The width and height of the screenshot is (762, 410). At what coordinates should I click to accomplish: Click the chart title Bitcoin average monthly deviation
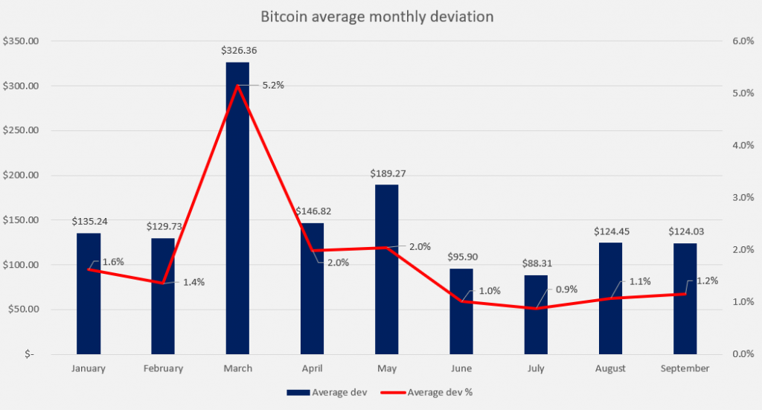tap(377, 16)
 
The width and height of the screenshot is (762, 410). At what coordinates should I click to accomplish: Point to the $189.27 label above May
tap(388, 173)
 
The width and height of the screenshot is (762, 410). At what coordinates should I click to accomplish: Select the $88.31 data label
tap(537, 263)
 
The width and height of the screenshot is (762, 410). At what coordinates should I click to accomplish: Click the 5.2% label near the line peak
tap(272, 86)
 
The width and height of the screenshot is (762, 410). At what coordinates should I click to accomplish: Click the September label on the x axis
tap(685, 368)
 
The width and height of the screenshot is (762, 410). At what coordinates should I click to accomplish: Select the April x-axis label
tap(313, 368)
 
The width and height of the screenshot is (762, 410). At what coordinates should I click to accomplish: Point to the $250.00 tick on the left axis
tap(21, 131)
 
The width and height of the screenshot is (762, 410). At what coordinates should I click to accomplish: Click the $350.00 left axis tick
tap(21, 42)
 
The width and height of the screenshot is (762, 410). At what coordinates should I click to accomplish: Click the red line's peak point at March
tap(237, 86)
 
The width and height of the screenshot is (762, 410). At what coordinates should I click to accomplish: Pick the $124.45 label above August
tap(612, 231)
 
